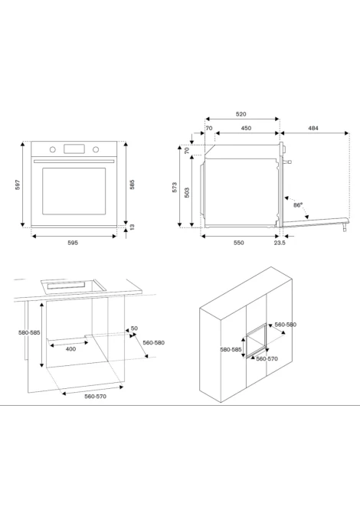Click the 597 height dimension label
[18, 185]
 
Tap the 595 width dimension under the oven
[73, 243]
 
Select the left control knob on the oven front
[53, 149]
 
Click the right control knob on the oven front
[96, 149]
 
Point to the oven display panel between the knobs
[74, 149]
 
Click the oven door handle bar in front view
[74, 161]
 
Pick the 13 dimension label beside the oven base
[132, 227]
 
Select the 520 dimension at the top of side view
[241, 114]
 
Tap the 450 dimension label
[246, 129]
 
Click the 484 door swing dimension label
[313, 129]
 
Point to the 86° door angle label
[298, 205]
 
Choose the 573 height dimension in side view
[175, 187]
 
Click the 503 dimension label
[187, 192]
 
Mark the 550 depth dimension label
[238, 243]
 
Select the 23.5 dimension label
[280, 243]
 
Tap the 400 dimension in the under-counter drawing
[70, 349]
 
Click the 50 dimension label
[134, 328]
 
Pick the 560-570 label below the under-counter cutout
[95, 397]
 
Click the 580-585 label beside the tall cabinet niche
[231, 349]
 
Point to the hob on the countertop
[74, 286]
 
